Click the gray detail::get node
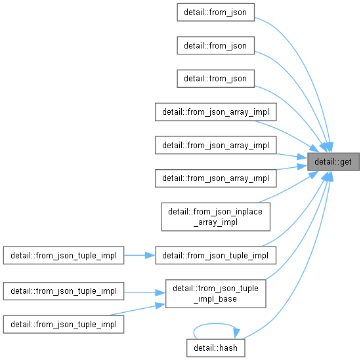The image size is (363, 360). [x=333, y=162]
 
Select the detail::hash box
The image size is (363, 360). [x=216, y=348]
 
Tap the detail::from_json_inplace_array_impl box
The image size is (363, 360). [x=216, y=216]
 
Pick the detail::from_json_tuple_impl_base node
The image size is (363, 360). [x=216, y=294]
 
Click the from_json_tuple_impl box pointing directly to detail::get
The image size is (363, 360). [x=216, y=255]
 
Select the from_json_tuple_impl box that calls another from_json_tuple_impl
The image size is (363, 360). [x=64, y=255]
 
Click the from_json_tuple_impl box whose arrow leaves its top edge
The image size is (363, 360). [x=64, y=325]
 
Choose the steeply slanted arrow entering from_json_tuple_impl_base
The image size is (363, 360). [x=137, y=310]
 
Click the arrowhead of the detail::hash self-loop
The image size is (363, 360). [x=236, y=333]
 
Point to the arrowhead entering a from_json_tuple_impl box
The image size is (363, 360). [x=150, y=255]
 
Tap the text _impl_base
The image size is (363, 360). [x=215, y=299]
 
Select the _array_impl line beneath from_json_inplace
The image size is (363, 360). [x=216, y=222]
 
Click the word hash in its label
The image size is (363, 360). [x=228, y=348]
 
